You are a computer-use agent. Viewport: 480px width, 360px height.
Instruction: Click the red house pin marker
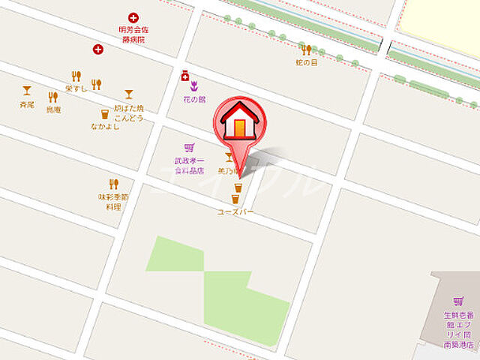point(239,124)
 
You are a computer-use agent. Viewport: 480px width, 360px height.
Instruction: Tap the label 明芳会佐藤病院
point(134,35)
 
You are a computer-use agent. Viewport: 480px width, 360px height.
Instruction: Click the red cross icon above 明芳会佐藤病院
point(134,17)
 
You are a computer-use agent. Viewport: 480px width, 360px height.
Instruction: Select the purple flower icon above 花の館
point(193,85)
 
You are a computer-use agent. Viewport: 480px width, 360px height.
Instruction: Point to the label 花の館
point(193,99)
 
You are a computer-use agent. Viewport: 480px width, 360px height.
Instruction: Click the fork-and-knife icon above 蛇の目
point(306,49)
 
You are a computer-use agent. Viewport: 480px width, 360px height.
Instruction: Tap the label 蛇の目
point(305,63)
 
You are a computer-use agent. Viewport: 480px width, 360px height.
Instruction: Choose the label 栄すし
point(76,88)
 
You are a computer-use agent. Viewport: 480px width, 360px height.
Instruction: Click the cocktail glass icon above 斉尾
point(27,91)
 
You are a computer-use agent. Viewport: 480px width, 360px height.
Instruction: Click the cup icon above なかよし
point(105,115)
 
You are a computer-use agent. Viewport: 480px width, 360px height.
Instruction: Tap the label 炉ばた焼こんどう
point(128,112)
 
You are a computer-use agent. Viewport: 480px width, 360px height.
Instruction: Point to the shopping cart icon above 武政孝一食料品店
point(188,148)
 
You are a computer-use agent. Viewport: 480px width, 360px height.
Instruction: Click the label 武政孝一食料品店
point(189,165)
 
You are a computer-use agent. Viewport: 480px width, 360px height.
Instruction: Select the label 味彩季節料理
point(114,201)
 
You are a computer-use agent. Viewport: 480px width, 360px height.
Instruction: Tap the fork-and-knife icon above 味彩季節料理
point(114,184)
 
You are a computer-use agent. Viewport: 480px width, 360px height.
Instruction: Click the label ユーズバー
point(235,212)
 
